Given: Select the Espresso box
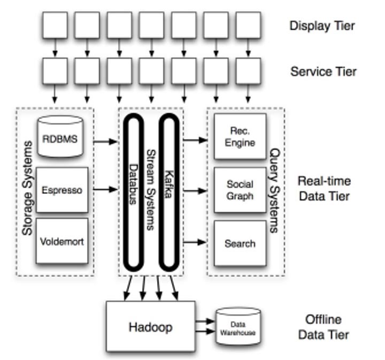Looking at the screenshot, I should point(62,190).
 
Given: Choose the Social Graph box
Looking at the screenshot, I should point(240,190).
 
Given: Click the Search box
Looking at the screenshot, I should point(240,244).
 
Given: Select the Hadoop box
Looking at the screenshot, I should point(151,326).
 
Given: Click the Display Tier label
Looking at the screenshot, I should point(322,25).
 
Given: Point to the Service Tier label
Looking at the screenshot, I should point(323,71).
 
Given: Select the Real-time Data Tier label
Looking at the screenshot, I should point(324,189).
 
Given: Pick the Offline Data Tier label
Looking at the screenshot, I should point(324,327).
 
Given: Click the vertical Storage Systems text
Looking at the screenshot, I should point(27,192).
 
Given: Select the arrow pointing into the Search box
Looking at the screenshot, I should point(195,242).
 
